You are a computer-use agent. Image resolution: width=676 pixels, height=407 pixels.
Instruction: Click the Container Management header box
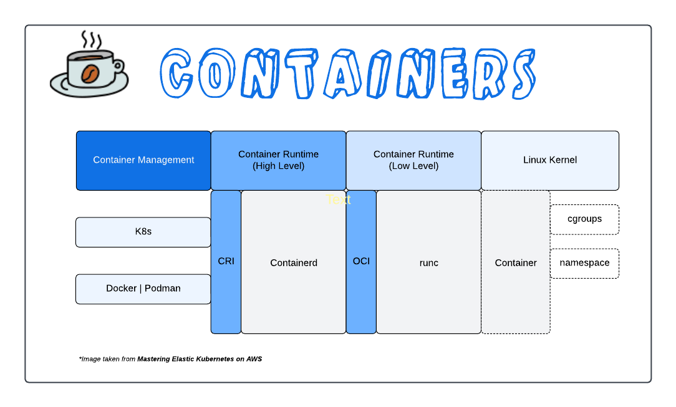coord(143,160)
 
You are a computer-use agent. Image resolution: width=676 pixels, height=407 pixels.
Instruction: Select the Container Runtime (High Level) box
coord(278,160)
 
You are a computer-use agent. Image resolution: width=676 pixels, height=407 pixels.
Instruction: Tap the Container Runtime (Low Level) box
coord(413,160)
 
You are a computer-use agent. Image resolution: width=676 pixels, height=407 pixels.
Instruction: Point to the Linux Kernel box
coord(550,160)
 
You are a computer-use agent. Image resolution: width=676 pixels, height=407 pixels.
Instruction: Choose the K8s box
coord(143,232)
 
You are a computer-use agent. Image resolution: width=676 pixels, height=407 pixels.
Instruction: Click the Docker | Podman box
coord(143,289)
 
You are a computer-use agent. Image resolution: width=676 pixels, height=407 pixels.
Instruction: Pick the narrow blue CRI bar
coord(226,262)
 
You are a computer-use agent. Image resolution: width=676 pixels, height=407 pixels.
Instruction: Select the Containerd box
coord(293,262)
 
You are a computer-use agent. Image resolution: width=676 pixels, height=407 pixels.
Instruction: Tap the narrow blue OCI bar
coord(361,262)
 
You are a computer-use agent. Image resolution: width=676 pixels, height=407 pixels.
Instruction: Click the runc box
coord(428,262)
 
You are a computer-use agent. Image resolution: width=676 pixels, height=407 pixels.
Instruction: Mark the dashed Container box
coord(516,262)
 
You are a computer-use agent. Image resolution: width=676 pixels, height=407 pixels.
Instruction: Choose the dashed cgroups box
coord(584,219)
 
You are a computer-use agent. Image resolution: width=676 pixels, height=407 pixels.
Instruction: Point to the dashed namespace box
coord(584,263)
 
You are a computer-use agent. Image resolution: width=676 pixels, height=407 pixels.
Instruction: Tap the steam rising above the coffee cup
coord(91,40)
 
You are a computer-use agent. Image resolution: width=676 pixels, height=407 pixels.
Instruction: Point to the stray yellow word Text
coord(338,199)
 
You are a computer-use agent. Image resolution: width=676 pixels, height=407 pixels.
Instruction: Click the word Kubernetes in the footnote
coord(213,359)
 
